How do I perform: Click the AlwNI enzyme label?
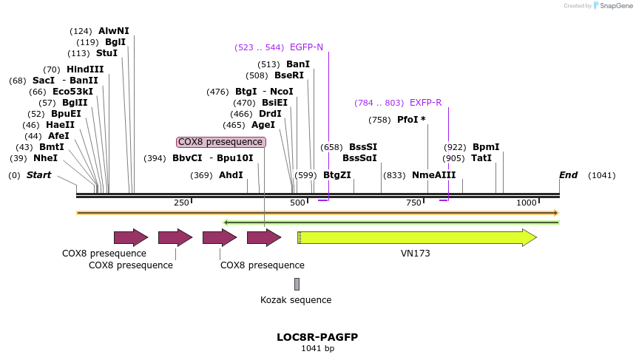click(x=113, y=31)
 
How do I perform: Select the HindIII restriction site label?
click(x=85, y=69)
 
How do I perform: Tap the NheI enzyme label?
click(x=45, y=158)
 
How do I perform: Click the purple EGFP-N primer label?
click(x=306, y=47)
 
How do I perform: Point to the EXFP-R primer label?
click(x=426, y=103)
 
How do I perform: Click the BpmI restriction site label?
click(x=486, y=147)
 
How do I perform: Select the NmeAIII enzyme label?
click(x=434, y=175)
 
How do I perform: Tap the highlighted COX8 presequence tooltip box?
click(x=220, y=142)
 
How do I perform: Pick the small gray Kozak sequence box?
click(x=297, y=284)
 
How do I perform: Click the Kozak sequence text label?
click(x=296, y=300)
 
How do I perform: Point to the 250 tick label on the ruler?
click(x=181, y=203)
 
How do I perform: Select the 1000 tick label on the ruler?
click(x=527, y=203)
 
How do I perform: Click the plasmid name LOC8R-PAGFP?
click(x=317, y=337)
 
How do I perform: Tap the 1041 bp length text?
click(x=317, y=348)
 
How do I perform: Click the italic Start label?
click(x=39, y=175)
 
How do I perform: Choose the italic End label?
click(x=568, y=175)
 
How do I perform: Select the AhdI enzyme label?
click(x=231, y=175)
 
